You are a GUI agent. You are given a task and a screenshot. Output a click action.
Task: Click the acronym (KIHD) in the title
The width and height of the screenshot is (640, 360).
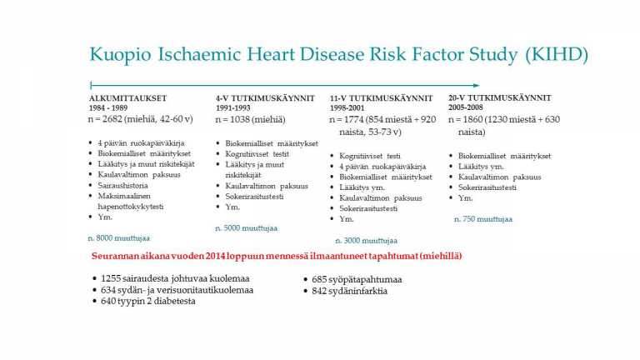[x=557, y=55]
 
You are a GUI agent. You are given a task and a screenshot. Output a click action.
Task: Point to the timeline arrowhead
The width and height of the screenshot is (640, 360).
[x=476, y=85]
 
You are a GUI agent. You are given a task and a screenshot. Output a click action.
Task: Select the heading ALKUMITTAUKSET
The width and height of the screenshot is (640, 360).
[x=128, y=98]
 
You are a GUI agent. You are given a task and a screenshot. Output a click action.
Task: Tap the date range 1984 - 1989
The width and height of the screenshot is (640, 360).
[x=108, y=108]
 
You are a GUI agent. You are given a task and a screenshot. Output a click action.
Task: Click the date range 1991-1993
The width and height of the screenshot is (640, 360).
[x=233, y=108]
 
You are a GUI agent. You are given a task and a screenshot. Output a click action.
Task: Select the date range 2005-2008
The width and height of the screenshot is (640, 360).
[x=465, y=107]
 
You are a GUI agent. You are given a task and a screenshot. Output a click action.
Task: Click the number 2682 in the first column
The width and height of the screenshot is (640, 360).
[x=112, y=119]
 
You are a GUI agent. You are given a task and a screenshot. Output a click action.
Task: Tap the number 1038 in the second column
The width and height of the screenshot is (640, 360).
[x=239, y=120]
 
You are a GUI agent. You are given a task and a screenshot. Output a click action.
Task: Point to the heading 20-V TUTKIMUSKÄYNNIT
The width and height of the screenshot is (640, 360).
[x=500, y=98]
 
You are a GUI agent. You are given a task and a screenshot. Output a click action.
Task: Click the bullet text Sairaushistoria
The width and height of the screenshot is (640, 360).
[x=122, y=185]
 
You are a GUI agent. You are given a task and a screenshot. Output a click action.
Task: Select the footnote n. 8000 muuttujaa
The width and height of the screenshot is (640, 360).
[x=119, y=238]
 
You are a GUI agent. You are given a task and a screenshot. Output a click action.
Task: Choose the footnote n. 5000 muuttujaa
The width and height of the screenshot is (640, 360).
[x=246, y=228]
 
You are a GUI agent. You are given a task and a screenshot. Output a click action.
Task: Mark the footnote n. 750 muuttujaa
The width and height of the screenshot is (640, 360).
[x=483, y=219]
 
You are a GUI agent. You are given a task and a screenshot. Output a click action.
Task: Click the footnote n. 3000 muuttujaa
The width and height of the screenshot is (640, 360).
[x=366, y=241]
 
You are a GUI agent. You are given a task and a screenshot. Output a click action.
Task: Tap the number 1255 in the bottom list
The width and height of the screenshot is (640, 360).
[x=111, y=278]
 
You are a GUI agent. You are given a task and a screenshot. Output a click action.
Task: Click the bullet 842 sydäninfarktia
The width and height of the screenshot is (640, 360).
[x=349, y=291]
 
